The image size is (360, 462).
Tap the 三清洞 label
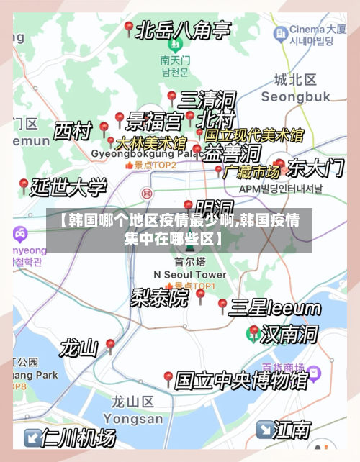207,99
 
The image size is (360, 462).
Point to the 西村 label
73,132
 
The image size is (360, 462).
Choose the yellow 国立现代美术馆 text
253,135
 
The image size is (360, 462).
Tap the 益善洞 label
232,153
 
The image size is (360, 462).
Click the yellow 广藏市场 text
252,172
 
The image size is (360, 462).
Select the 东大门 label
315,168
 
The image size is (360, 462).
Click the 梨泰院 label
159,297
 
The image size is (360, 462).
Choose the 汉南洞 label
289,334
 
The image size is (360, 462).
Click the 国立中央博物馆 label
241,379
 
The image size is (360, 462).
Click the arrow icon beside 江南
264,430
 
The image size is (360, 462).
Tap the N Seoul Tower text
190,275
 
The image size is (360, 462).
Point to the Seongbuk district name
295,96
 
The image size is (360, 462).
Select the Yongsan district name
133,418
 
